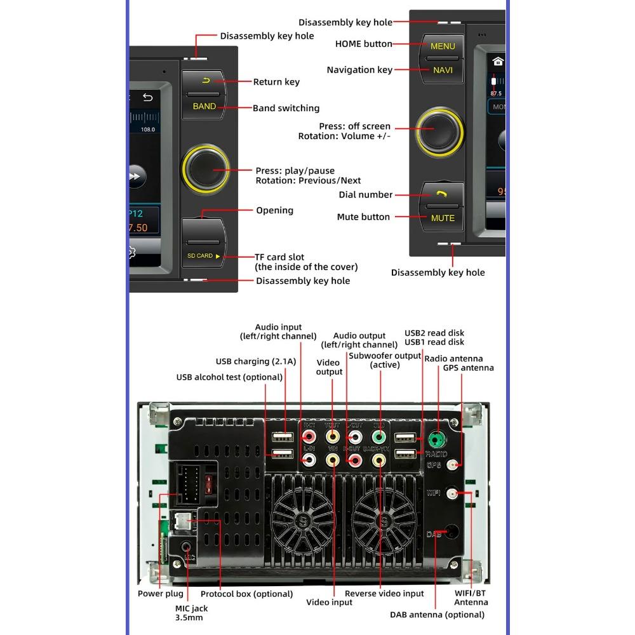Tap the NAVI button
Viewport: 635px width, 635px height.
click(x=443, y=70)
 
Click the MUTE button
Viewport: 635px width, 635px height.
click(x=443, y=218)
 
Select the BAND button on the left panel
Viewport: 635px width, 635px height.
click(x=204, y=107)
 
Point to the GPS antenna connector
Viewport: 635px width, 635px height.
click(x=453, y=465)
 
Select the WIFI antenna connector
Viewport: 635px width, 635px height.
click(x=453, y=493)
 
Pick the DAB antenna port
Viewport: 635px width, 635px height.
click(x=453, y=532)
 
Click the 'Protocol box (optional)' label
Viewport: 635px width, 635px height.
click(x=246, y=594)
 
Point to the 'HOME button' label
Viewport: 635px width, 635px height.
click(x=363, y=44)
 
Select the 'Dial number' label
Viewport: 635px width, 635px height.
click(x=366, y=195)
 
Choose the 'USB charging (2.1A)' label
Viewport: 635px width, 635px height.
click(x=256, y=362)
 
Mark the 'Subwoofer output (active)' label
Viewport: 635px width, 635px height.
click(x=385, y=360)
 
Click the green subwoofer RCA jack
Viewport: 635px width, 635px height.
click(x=378, y=437)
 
